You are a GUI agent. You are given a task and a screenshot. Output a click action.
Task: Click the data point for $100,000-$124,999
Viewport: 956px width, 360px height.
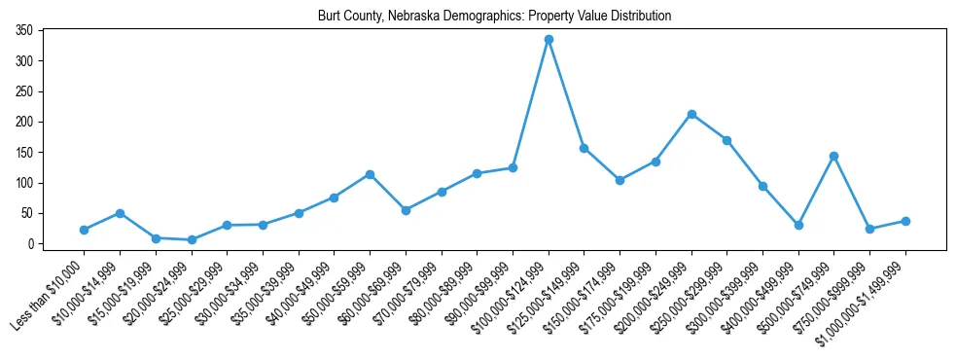click(549, 39)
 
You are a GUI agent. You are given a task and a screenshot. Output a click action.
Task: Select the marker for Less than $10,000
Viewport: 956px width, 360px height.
click(84, 230)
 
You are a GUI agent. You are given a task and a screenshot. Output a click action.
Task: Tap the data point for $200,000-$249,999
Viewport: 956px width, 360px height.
click(691, 114)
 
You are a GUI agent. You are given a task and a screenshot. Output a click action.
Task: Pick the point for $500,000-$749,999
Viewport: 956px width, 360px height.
click(834, 156)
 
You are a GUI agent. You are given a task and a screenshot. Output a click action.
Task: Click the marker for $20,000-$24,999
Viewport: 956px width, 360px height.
click(192, 239)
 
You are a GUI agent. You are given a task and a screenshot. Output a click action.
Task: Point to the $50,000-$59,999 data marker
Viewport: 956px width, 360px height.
click(370, 174)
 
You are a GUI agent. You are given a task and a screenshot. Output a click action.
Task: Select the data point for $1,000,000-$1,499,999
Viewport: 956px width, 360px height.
click(905, 221)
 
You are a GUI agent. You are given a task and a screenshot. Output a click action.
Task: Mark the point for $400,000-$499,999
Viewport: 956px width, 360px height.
click(798, 225)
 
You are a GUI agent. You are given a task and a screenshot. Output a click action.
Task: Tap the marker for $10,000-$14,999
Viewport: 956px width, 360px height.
click(120, 213)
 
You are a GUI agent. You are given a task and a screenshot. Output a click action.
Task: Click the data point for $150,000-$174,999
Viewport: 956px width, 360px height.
click(620, 180)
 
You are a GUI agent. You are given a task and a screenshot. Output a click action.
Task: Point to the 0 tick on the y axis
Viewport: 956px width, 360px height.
click(31, 244)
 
